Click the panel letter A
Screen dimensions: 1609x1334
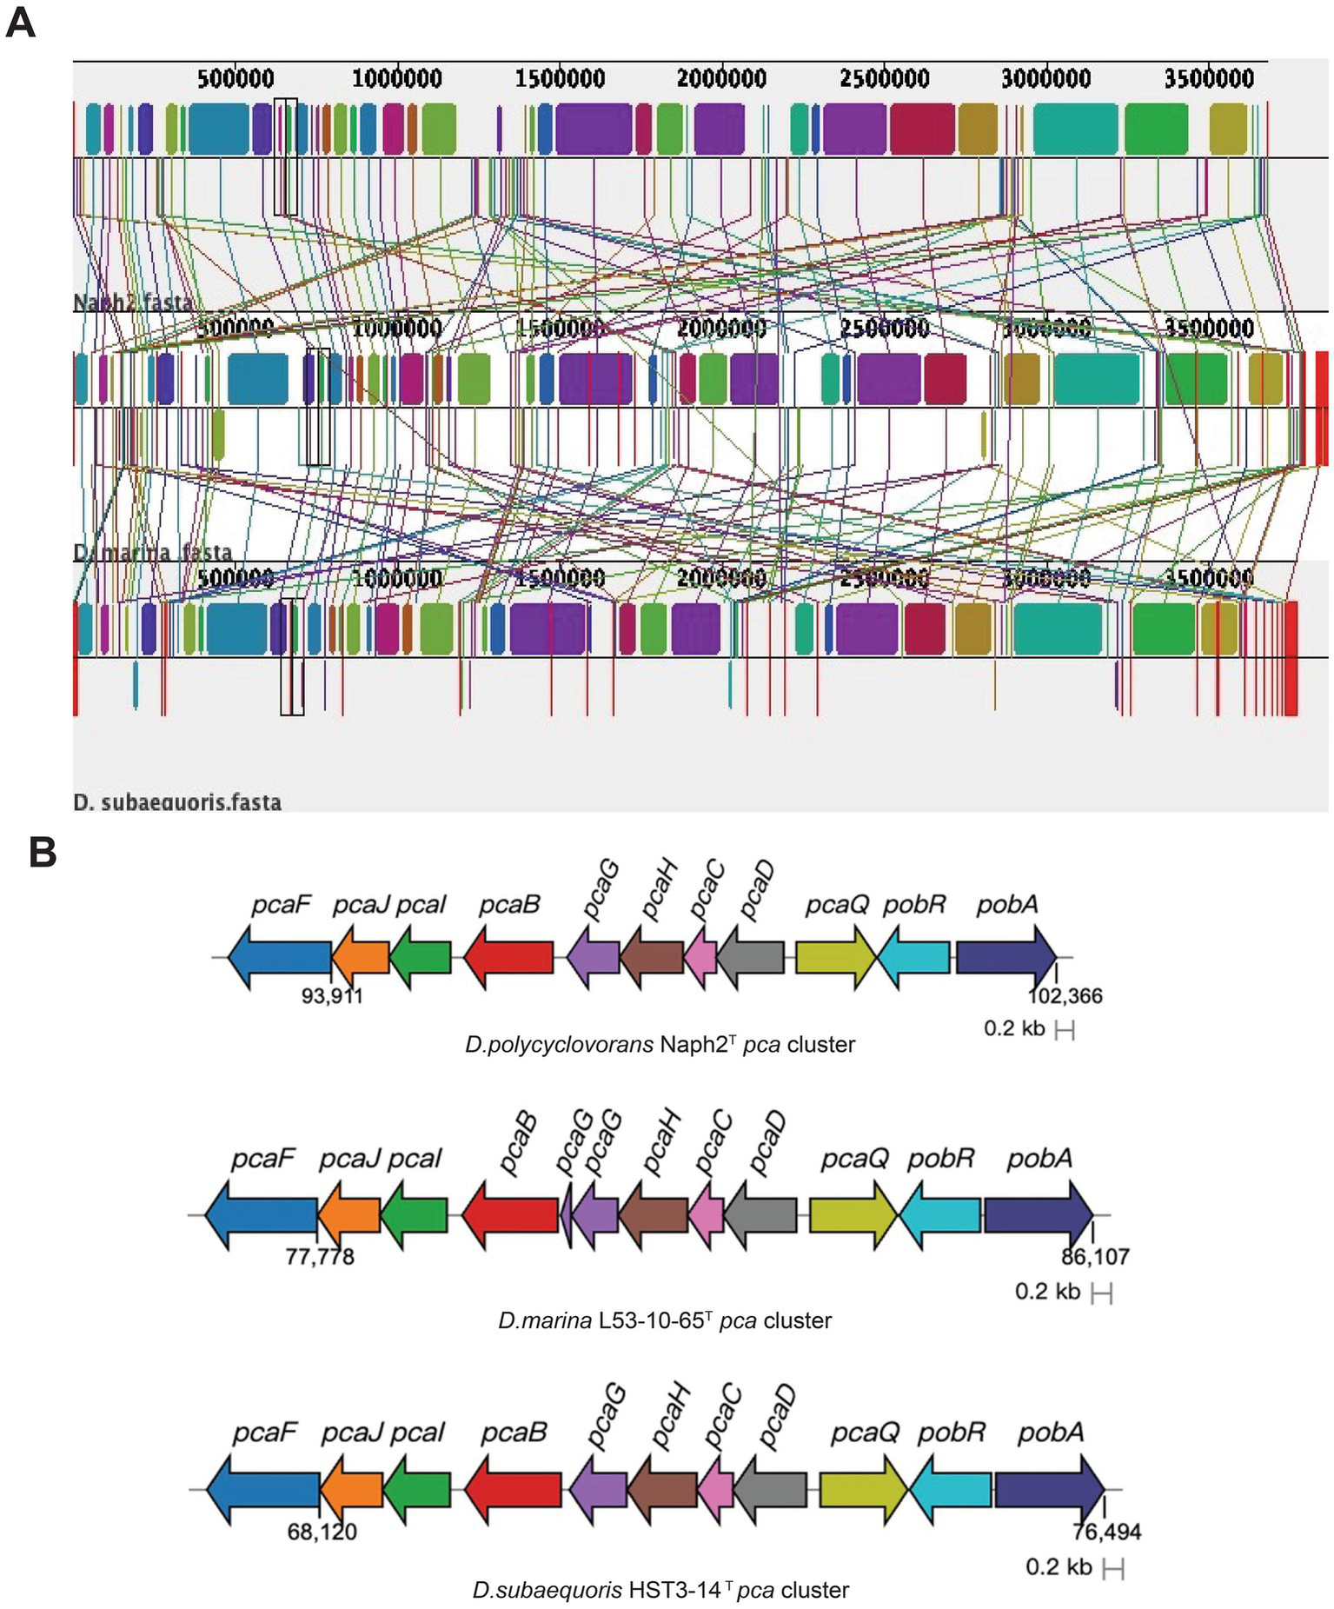[x=20, y=23]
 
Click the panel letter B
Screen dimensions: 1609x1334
[x=43, y=853]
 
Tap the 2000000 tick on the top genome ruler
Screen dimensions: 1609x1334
[x=721, y=79]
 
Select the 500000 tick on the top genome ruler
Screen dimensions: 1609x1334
[x=235, y=79]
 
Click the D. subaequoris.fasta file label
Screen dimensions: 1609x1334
[x=177, y=801]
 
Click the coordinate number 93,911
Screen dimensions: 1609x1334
[x=332, y=996]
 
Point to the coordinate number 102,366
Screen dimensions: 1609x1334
[x=1065, y=996]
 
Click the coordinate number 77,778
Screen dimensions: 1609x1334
[x=320, y=1257]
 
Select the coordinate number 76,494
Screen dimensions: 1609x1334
[x=1106, y=1532]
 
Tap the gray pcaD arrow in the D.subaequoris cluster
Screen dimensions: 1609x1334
[x=771, y=1490]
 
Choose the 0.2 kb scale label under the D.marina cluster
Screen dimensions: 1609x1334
[x=1047, y=1292]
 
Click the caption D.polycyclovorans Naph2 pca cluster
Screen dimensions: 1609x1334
[x=660, y=1044]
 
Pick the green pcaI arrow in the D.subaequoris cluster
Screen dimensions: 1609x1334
[x=417, y=1490]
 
